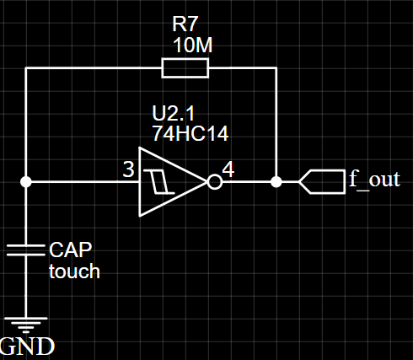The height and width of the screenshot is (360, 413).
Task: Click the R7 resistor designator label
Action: tap(185, 24)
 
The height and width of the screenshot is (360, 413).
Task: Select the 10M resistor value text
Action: tap(193, 45)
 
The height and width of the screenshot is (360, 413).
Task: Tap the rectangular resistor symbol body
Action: tap(185, 67)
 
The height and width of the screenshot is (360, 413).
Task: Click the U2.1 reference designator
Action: tap(173, 113)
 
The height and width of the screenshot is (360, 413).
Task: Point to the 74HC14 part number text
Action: tap(190, 133)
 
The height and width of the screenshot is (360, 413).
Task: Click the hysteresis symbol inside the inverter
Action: tap(159, 182)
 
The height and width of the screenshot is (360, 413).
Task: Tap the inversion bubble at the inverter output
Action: tap(215, 182)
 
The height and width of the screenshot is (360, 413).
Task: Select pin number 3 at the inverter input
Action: tap(129, 169)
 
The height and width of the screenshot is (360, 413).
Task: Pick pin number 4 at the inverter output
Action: tap(228, 169)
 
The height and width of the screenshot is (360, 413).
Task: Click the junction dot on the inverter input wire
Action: tap(26, 182)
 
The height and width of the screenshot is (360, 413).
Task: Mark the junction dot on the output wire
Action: tap(276, 182)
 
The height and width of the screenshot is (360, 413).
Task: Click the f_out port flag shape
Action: tap(322, 182)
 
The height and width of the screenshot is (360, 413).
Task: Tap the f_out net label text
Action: tap(374, 179)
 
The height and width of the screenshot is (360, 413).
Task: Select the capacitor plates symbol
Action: tap(26, 250)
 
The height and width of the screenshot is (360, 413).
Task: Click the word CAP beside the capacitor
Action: tap(71, 250)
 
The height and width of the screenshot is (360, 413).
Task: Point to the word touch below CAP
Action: tap(74, 271)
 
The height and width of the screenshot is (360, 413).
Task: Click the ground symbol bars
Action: tap(26, 325)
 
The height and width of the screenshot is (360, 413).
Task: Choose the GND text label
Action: tap(27, 347)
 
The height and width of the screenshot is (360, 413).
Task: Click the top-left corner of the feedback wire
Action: tap(26, 67)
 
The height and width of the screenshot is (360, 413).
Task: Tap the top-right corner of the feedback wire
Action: tap(276, 67)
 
